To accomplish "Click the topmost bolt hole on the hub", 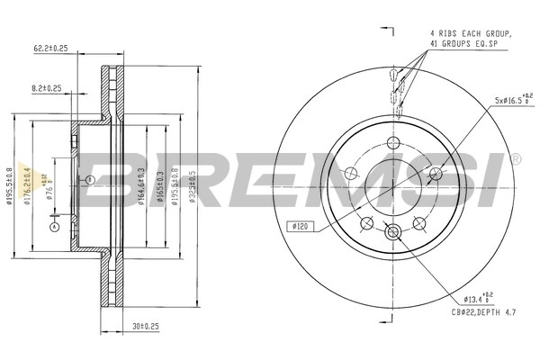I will pyautogui.click(x=392, y=142).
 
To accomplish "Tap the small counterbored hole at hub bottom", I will pyautogui.click(x=392, y=233).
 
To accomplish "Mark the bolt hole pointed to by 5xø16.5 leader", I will pyautogui.click(x=436, y=174).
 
